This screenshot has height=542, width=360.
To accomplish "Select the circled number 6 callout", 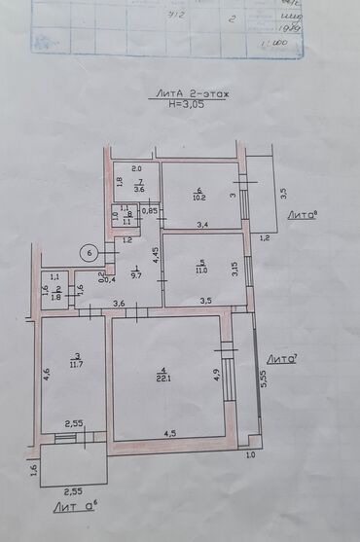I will [x=90, y=254].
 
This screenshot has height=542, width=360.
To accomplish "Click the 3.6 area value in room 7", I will [x=139, y=189].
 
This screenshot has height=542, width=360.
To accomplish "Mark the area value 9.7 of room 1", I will [x=136, y=276].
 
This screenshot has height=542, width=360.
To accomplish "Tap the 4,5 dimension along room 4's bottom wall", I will [x=169, y=433].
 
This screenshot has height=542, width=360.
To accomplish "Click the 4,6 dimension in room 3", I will [x=46, y=372].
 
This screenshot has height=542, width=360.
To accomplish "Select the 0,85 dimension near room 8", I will [x=150, y=211].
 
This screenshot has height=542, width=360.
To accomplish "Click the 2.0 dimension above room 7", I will [x=137, y=167].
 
